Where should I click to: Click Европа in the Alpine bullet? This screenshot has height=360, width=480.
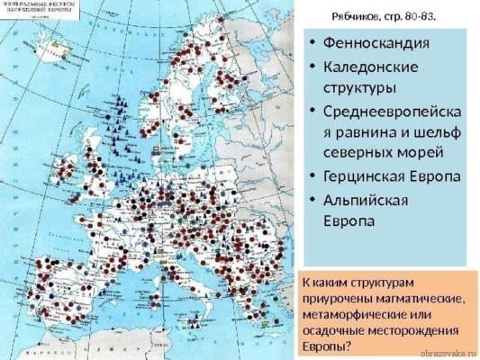(x=346, y=220)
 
